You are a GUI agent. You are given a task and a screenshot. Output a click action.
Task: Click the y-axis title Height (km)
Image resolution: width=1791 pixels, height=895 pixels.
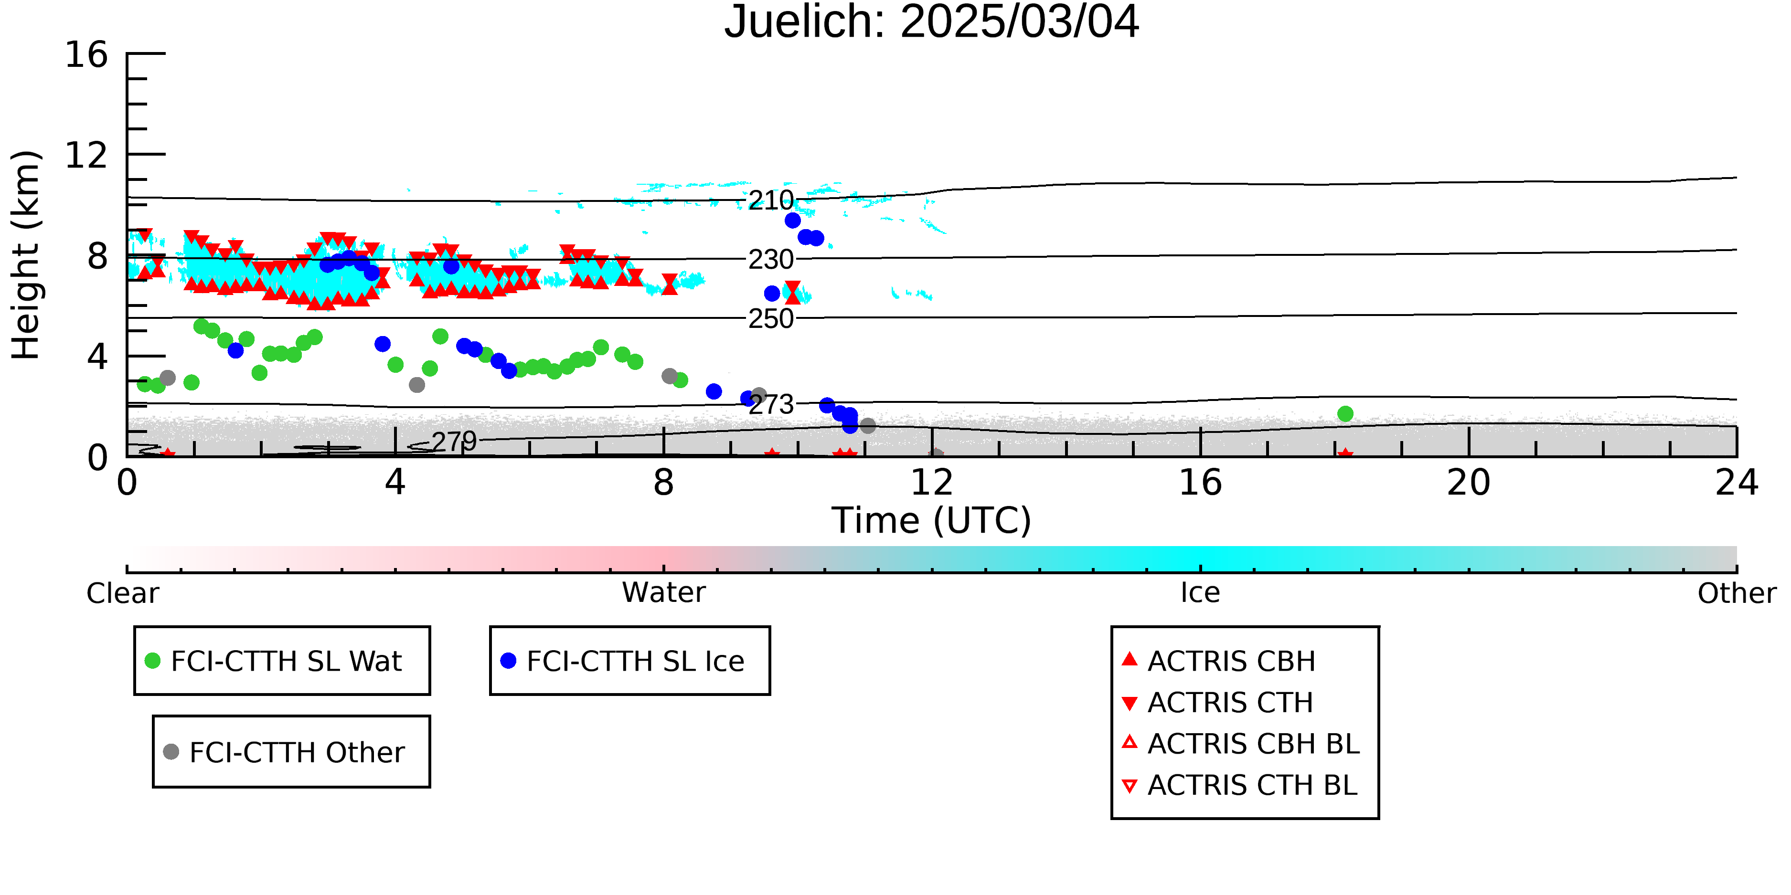click(26, 255)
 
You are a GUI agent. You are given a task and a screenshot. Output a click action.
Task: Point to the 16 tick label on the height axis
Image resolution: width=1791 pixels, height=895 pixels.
click(86, 54)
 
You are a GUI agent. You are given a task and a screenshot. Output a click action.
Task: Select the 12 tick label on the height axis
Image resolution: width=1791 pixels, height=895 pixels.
click(86, 155)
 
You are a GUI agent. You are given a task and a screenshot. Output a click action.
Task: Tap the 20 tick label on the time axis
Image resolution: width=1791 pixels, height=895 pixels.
click(1469, 483)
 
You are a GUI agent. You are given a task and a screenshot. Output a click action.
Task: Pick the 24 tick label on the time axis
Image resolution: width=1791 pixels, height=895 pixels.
click(1737, 483)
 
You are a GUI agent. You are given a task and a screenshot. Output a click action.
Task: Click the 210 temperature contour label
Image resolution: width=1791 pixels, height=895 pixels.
click(771, 200)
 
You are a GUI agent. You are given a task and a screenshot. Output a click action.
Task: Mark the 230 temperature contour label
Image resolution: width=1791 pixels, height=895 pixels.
click(771, 259)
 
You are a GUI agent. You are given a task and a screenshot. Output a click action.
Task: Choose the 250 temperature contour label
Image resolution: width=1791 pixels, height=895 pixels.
click(771, 318)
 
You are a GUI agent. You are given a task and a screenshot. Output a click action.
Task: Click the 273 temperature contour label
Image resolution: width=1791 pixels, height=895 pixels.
click(771, 404)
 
